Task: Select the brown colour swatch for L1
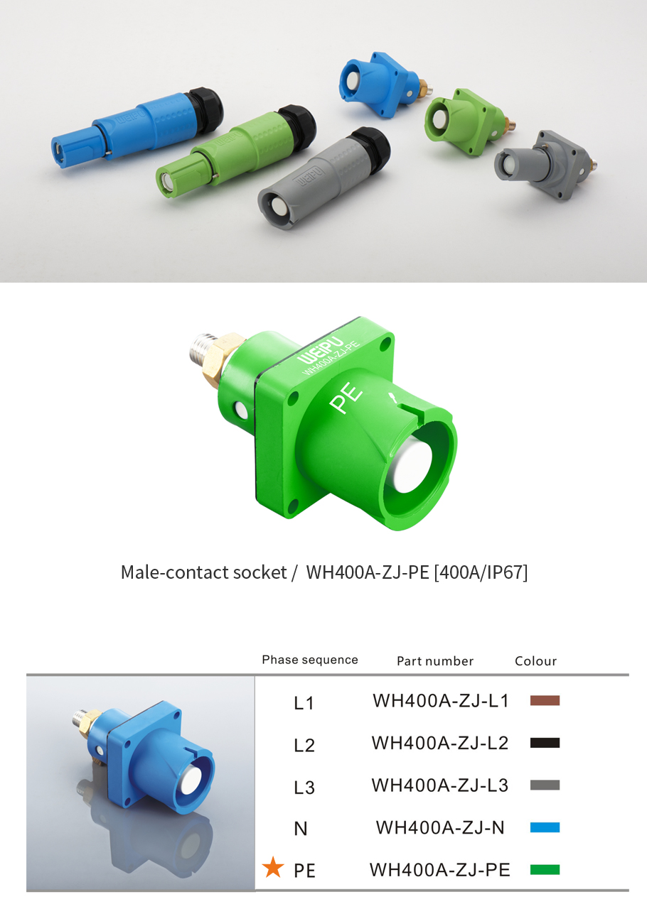click(545, 700)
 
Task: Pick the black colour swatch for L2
click(545, 743)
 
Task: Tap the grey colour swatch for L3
click(545, 785)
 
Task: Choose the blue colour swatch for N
click(545, 827)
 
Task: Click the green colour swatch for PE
click(545, 869)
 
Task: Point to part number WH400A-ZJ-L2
click(440, 743)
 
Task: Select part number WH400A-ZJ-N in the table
click(440, 827)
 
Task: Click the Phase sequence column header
click(310, 660)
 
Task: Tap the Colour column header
click(535, 660)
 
